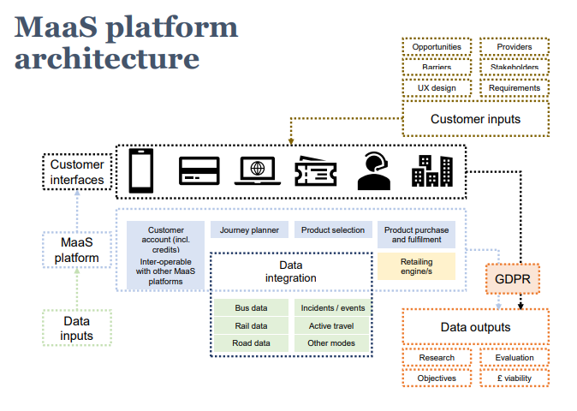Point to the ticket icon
(315, 171)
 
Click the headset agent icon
(374, 170)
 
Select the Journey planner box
(249, 230)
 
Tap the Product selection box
(334, 230)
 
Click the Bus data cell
(251, 307)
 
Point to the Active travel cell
(331, 325)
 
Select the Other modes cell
(331, 343)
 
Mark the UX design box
(437, 87)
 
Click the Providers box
(514, 47)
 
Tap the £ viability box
(514, 378)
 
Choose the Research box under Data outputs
(437, 358)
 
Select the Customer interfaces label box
(77, 172)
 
